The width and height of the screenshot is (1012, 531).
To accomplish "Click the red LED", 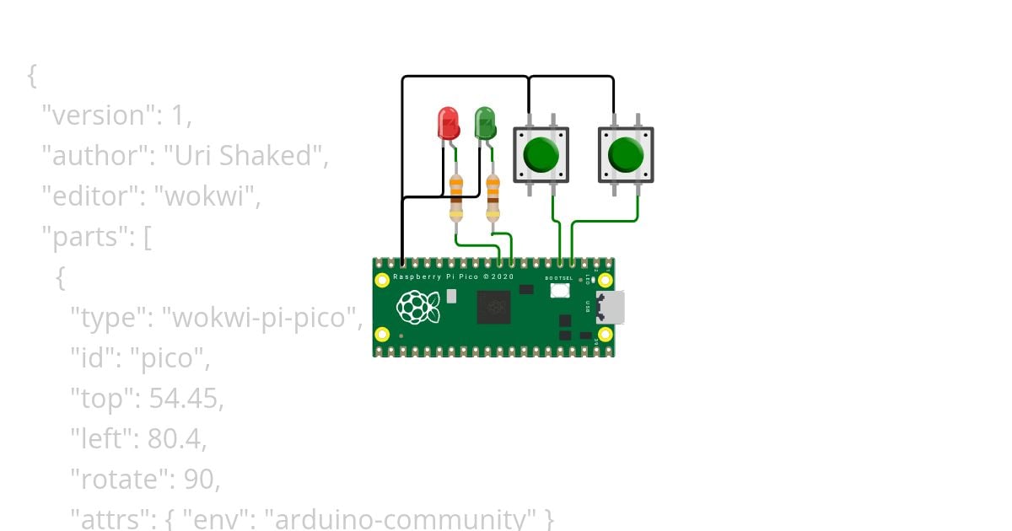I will coord(447,123).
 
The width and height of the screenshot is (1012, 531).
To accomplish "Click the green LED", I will coord(484,123).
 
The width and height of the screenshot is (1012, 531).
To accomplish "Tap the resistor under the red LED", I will coord(456,196).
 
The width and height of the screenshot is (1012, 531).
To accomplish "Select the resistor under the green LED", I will coord(493,196).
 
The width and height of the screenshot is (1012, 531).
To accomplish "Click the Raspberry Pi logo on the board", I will coord(419,308).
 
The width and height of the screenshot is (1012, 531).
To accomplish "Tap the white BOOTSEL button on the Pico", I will coord(559,291).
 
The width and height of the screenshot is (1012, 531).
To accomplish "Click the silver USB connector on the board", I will coord(610,308).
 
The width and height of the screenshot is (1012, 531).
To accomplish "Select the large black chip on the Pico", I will coord(493,308).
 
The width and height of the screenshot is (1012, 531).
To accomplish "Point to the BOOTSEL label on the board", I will coord(558,277).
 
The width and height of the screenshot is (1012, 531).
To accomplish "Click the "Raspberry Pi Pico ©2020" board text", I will coord(453,276).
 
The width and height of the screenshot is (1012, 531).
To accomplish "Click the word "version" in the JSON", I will coord(87,115).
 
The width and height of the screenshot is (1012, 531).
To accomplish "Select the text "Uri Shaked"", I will coord(244,156).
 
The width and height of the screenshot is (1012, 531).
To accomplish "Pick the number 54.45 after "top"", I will coord(185,400).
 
